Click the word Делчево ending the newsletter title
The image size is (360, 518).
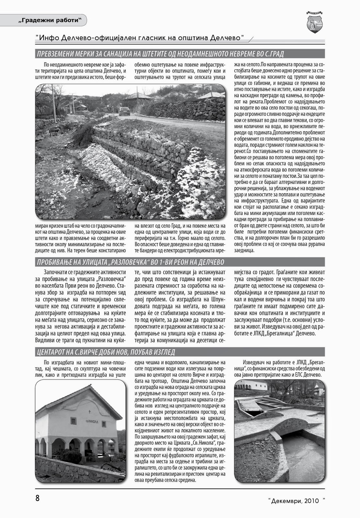(x=228, y=38)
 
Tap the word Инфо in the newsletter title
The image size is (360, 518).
(x=49, y=38)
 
